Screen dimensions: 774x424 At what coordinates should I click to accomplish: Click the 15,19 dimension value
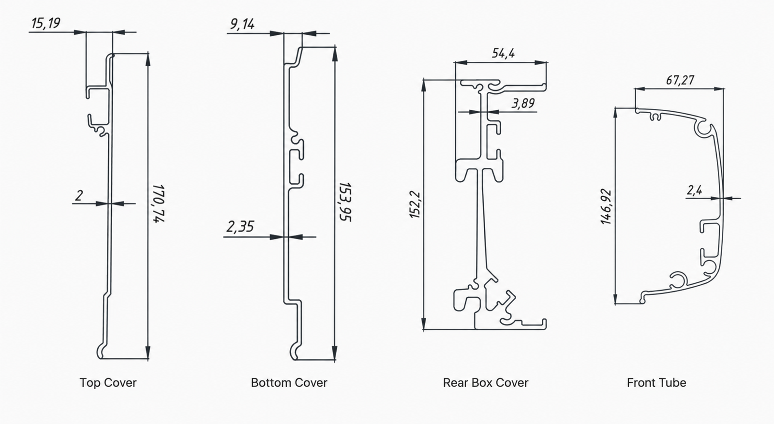46,23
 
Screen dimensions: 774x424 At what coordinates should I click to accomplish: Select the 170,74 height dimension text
159,204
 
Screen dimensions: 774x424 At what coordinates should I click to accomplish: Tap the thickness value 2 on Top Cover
79,195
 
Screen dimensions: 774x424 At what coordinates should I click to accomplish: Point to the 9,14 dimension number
242,24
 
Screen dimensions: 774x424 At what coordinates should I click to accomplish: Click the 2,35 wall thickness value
240,226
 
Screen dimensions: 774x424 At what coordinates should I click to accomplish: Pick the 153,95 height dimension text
345,202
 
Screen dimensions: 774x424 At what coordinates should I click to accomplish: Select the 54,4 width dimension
503,53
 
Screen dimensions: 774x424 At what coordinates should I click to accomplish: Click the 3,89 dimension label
523,103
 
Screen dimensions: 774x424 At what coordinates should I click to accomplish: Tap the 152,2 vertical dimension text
415,205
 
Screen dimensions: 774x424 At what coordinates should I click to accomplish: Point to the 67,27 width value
680,80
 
